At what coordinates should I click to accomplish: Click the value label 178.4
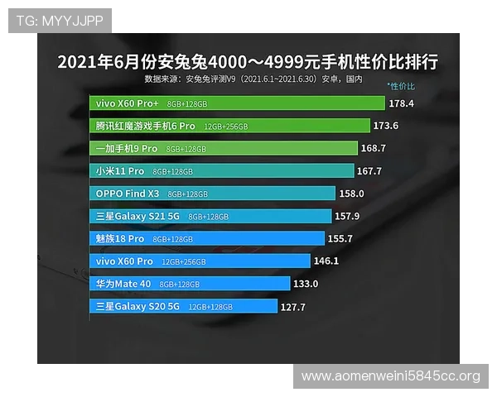tap(401, 104)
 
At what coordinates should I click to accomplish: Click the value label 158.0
tap(351, 194)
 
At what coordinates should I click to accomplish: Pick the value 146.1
tap(326, 261)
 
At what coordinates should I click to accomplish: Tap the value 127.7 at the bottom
tap(293, 306)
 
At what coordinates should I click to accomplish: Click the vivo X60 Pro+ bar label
tap(127, 104)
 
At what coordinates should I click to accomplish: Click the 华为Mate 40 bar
tap(190, 284)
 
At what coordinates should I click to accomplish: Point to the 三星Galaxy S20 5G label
tap(138, 306)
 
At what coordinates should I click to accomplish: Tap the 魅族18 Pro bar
tap(207, 238)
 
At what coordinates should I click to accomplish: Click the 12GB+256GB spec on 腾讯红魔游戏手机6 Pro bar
tap(225, 127)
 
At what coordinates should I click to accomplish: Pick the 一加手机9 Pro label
tap(126, 149)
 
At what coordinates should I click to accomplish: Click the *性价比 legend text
tap(401, 86)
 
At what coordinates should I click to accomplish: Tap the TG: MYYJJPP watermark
tap(59, 20)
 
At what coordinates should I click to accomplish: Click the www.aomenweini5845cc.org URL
tap(389, 376)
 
